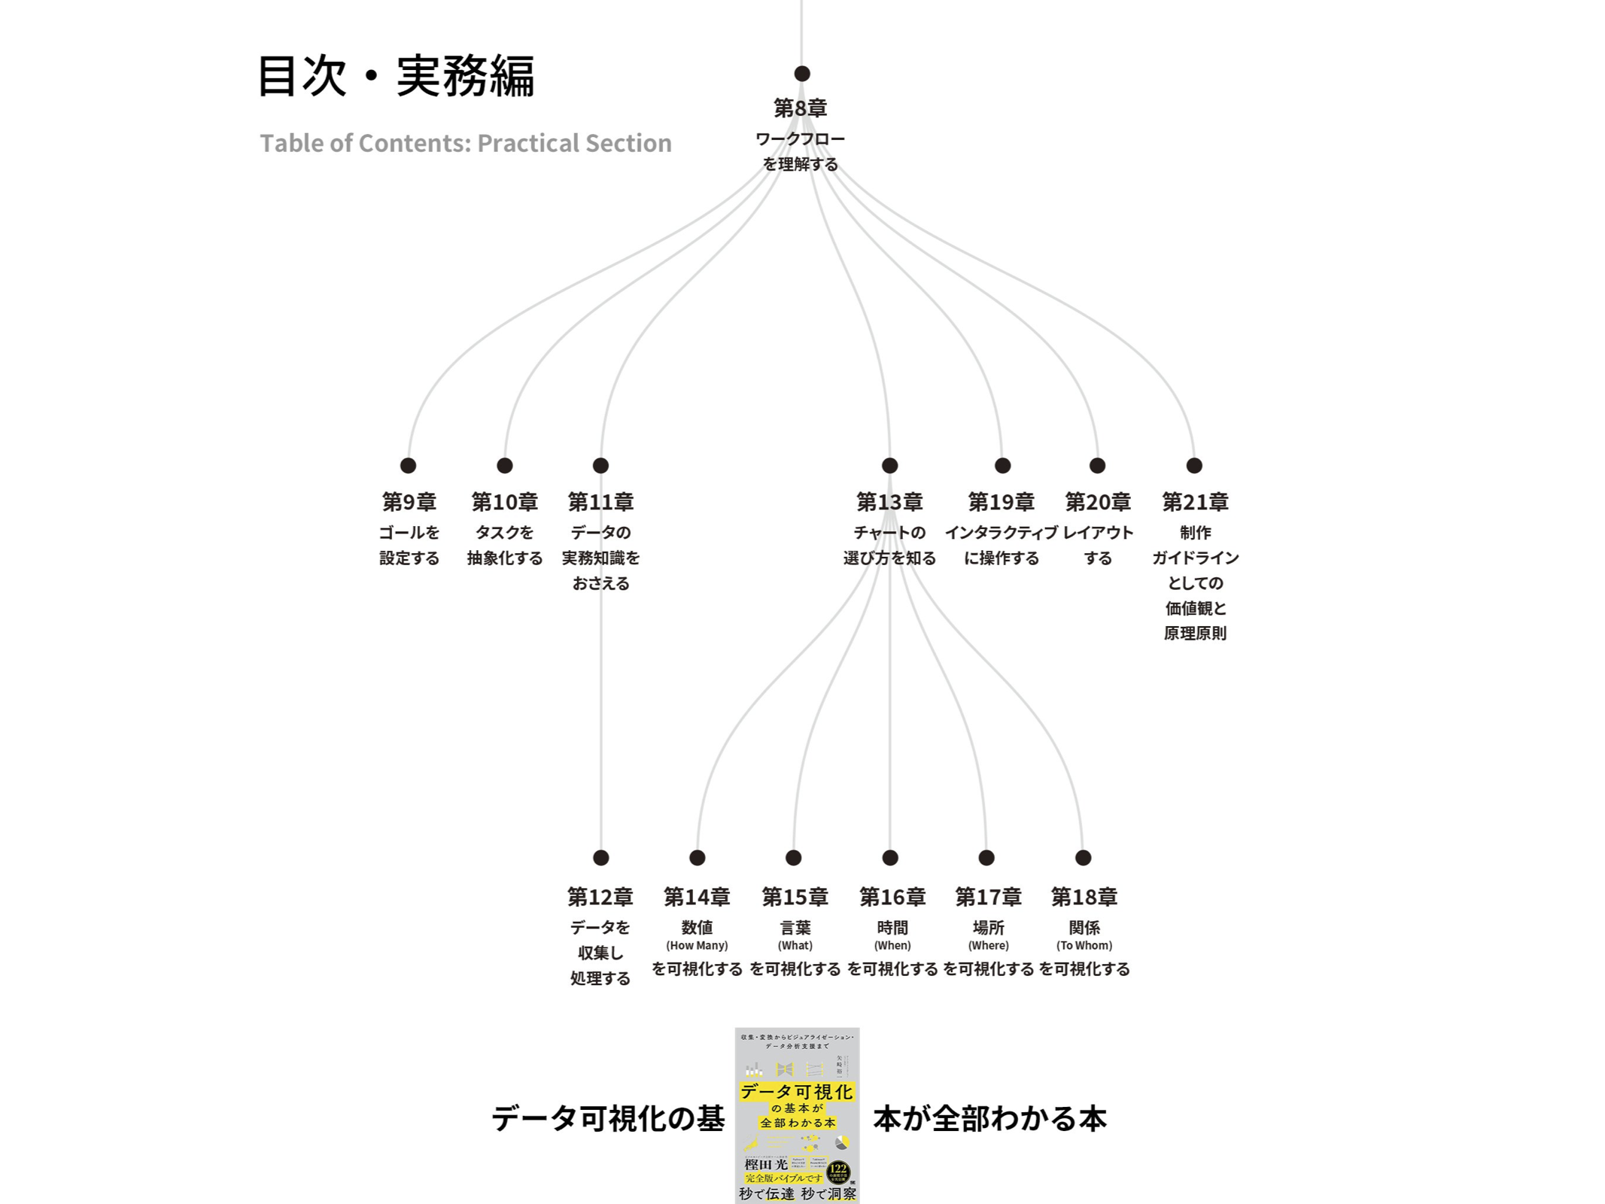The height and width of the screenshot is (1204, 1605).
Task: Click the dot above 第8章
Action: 802,74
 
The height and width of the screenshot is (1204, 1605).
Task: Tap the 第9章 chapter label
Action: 409,501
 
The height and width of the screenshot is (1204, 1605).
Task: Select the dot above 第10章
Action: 505,466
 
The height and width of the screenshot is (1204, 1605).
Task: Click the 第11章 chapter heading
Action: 600,501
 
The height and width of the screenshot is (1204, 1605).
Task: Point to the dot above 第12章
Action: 600,857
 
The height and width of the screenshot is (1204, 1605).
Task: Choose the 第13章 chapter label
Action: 889,501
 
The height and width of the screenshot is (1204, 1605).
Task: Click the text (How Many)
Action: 697,945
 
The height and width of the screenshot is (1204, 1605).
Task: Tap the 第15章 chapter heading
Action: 795,896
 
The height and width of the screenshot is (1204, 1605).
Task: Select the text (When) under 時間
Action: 892,945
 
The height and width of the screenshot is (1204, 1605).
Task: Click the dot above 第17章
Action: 986,857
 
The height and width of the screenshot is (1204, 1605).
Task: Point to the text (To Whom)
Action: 1084,945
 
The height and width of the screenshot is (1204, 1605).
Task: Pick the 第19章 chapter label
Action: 1001,501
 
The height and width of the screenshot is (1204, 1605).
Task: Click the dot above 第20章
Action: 1098,466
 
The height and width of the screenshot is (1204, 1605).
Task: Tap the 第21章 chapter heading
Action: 1195,501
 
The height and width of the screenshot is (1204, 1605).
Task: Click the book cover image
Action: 797,1115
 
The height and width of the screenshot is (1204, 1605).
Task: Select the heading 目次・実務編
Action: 396,76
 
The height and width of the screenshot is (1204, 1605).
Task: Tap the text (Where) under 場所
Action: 988,945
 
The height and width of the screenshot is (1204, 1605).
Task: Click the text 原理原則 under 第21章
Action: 1195,634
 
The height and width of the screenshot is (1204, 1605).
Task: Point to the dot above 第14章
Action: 698,857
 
